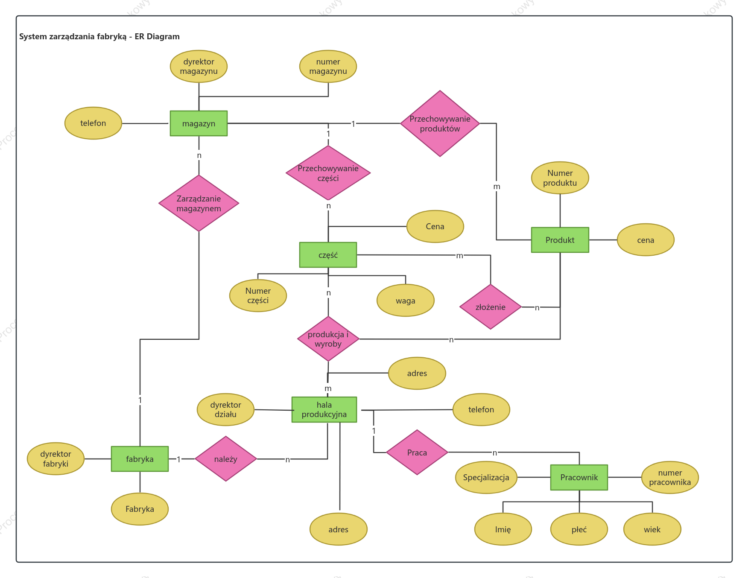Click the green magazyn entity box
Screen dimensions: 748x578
pyautogui.click(x=199, y=123)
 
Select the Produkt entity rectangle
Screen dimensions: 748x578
pyautogui.click(x=560, y=240)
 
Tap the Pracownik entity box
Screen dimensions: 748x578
pyautogui.click(x=579, y=477)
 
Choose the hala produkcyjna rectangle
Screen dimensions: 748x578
pyautogui.click(x=324, y=409)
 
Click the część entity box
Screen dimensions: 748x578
pyautogui.click(x=328, y=255)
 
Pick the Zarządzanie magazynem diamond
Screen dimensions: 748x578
pyautogui.click(x=199, y=203)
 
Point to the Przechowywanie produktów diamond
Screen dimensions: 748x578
pyautogui.click(x=440, y=123)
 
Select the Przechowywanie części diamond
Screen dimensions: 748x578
pyautogui.click(x=328, y=173)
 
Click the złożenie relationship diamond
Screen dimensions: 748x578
pyautogui.click(x=490, y=307)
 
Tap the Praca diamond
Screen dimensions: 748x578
pyautogui.click(x=417, y=452)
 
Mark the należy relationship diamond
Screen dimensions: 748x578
pyautogui.click(x=225, y=459)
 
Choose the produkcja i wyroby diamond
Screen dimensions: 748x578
pyautogui.click(x=328, y=339)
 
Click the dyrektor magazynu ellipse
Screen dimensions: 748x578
pyautogui.click(x=199, y=66)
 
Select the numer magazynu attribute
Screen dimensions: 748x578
pyautogui.click(x=328, y=66)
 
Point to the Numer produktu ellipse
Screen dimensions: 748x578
pyautogui.click(x=560, y=178)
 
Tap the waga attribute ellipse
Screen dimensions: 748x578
pyautogui.click(x=405, y=301)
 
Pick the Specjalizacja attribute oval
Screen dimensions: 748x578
pyautogui.click(x=486, y=477)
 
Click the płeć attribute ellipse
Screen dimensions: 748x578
pyautogui.click(x=579, y=529)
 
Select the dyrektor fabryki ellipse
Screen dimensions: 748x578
pyautogui.click(x=56, y=459)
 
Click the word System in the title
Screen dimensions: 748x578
pyautogui.click(x=33, y=37)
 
